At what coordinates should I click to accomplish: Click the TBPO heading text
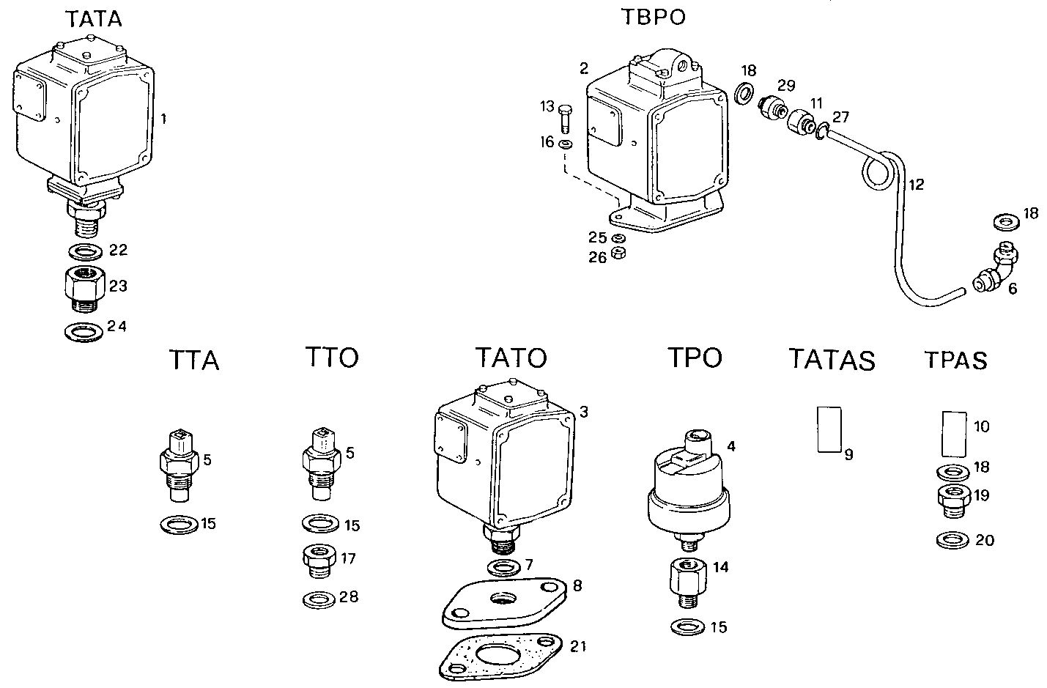tap(654, 17)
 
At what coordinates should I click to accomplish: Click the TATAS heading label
tap(832, 360)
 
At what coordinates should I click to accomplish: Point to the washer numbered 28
tap(319, 599)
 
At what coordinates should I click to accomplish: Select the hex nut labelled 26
tap(618, 254)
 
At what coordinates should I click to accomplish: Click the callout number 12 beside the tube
tap(917, 184)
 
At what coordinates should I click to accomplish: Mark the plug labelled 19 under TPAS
tap(954, 501)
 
